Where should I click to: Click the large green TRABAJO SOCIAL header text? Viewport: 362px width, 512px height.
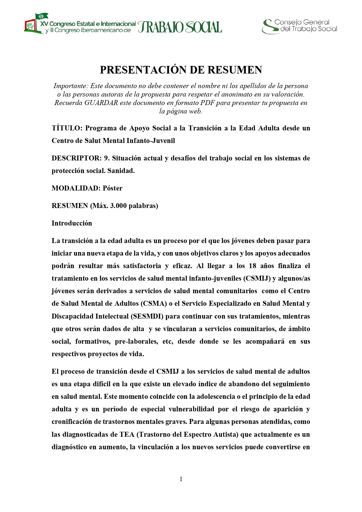(180, 27)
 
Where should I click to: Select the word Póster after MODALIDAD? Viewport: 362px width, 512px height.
(113, 188)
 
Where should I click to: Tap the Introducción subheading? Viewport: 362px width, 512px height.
(72, 223)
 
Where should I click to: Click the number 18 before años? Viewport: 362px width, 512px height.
(252, 266)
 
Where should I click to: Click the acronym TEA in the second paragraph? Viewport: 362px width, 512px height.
(127, 435)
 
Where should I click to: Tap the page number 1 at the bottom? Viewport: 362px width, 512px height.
(181, 479)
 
